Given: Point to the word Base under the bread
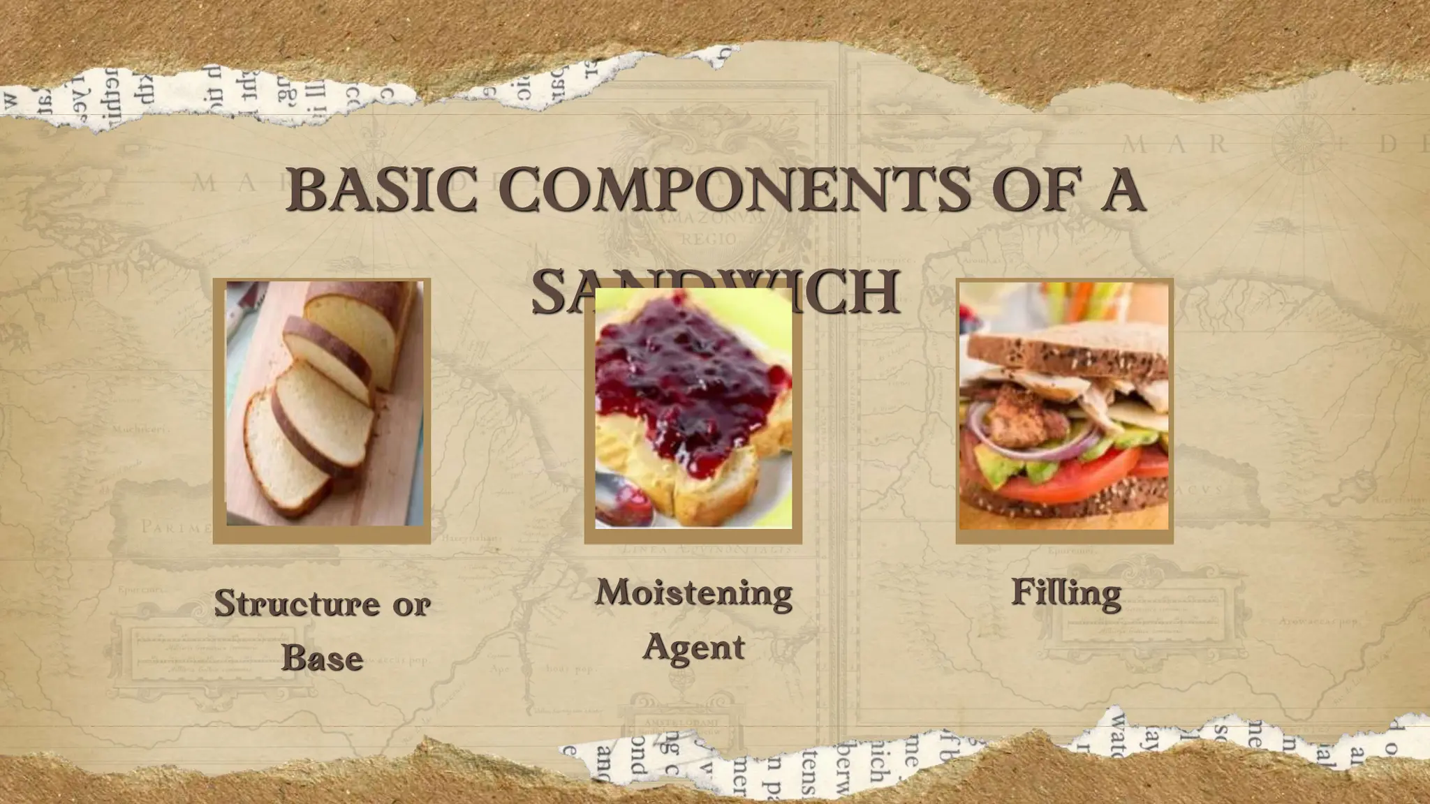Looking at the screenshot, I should click(322, 658).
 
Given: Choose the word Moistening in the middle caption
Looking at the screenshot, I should click(693, 593).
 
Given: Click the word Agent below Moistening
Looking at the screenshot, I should click(693, 647).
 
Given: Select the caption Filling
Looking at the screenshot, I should click(1066, 593).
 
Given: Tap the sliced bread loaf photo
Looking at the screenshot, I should click(325, 403).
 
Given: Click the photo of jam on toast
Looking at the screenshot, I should click(693, 408).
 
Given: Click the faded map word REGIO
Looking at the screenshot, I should click(708, 239).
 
